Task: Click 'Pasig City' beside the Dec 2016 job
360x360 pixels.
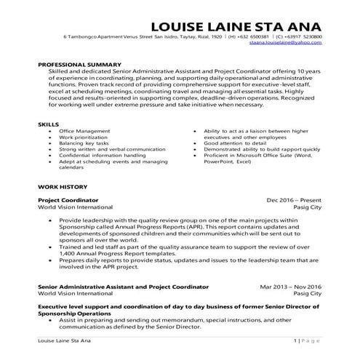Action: coord(310,207)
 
